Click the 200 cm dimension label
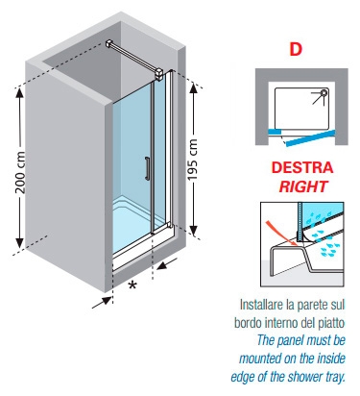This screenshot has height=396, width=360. pyautogui.click(x=21, y=173)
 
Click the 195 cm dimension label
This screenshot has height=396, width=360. pyautogui.click(x=193, y=160)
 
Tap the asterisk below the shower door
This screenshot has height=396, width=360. pyautogui.click(x=132, y=285)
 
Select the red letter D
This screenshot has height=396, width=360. pyautogui.click(x=296, y=49)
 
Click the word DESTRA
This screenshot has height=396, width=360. pyautogui.click(x=302, y=167)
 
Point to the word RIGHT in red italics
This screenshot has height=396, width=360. pyautogui.click(x=303, y=186)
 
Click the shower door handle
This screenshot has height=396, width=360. pyautogui.click(x=147, y=168)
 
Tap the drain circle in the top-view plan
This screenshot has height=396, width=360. pyautogui.click(x=324, y=93)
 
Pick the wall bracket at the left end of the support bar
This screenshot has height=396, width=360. pyautogui.click(x=109, y=44)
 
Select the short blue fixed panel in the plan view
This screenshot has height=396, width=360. pyautogui.click(x=275, y=132)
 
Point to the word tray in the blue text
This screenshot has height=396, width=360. pyautogui.click(x=336, y=377)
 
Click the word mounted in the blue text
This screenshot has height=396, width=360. pyautogui.click(x=260, y=359)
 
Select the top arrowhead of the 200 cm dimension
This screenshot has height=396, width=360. pyautogui.click(x=20, y=92)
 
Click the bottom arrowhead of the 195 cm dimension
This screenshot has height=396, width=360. pyautogui.click(x=193, y=230)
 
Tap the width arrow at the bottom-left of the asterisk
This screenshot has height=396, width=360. pyautogui.click(x=103, y=303)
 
